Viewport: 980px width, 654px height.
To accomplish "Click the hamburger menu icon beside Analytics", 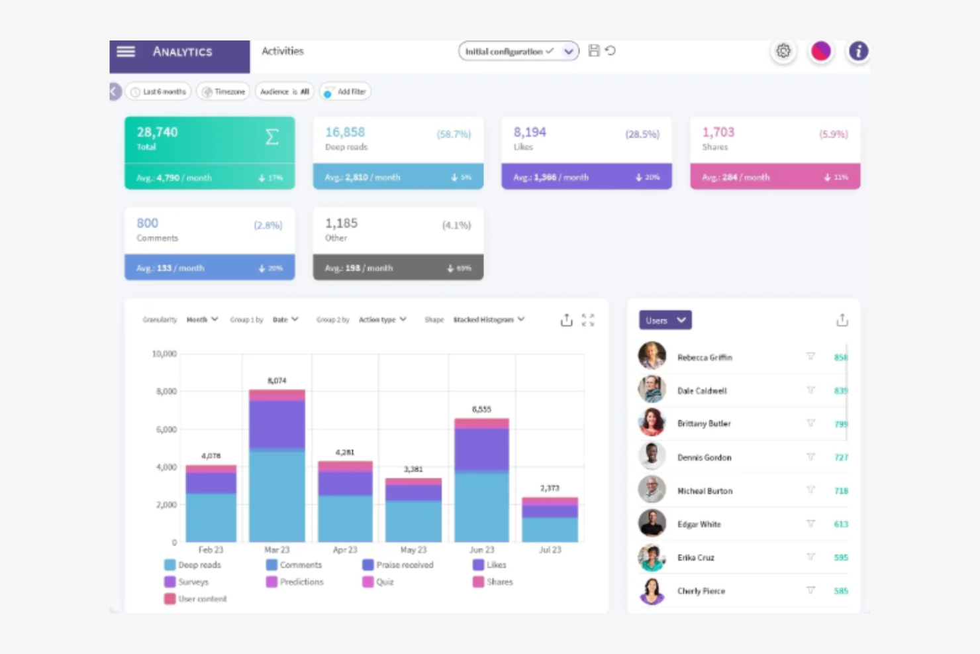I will point(126,51).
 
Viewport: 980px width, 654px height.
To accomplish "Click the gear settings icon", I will point(783,51).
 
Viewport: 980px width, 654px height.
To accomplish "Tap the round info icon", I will point(858,51).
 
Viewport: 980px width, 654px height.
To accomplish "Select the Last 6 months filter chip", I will point(158,91).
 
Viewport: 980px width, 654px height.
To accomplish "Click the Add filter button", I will point(345,91).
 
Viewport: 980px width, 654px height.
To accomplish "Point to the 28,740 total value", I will point(158,132).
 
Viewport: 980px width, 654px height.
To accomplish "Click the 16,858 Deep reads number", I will point(345,132).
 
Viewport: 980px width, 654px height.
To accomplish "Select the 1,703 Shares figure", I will point(718,132).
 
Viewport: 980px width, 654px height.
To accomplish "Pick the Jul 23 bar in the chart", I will point(550,519).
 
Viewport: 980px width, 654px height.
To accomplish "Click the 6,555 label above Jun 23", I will point(481,409).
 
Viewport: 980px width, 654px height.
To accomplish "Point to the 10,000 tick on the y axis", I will point(164,354).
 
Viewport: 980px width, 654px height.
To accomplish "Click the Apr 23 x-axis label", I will point(345,550).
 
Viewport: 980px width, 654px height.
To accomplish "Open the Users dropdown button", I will point(665,320).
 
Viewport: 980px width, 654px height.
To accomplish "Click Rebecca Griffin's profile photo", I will point(652,356).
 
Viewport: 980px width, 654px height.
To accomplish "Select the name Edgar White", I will point(699,524).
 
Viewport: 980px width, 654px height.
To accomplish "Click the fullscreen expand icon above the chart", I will point(588,320).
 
